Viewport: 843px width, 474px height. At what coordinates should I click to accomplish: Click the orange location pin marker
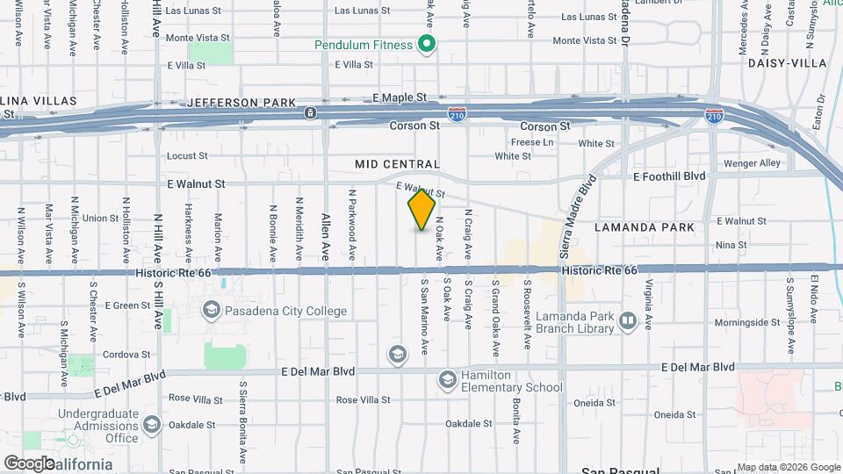click(421, 210)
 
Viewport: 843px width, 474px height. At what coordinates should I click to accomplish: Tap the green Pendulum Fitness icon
click(427, 45)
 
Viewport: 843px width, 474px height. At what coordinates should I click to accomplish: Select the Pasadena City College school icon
click(211, 309)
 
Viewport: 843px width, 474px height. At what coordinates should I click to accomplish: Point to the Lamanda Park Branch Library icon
click(627, 320)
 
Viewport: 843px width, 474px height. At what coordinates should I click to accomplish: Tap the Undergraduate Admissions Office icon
click(151, 426)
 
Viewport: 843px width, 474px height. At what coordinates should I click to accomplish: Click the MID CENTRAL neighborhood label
click(397, 164)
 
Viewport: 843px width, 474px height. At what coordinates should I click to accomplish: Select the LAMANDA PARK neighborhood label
click(645, 227)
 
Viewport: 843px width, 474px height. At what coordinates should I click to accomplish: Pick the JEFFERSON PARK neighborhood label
click(241, 103)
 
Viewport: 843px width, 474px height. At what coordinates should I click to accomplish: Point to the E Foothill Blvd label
click(669, 176)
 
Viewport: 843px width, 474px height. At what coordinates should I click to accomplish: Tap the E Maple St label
click(399, 97)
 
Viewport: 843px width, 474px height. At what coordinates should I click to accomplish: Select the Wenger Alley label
click(752, 163)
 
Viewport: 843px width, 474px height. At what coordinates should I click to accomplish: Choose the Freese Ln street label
click(532, 141)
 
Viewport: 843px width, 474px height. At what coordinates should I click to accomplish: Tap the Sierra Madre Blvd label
click(578, 216)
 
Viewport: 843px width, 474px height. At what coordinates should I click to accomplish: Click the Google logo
click(30, 463)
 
